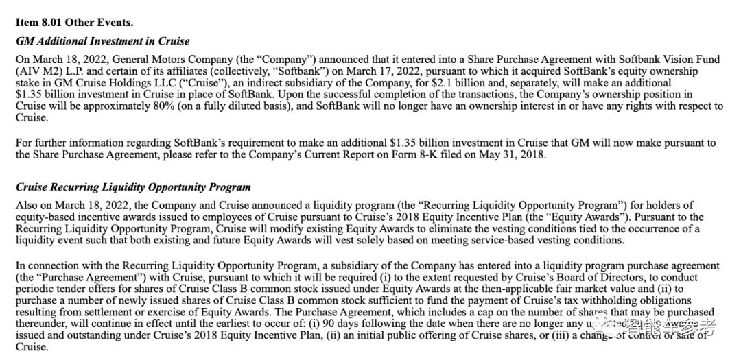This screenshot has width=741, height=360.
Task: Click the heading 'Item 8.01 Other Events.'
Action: [74, 23]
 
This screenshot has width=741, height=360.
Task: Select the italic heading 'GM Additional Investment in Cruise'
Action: [102, 41]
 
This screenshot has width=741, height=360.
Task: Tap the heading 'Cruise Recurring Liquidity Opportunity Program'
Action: [133, 187]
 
